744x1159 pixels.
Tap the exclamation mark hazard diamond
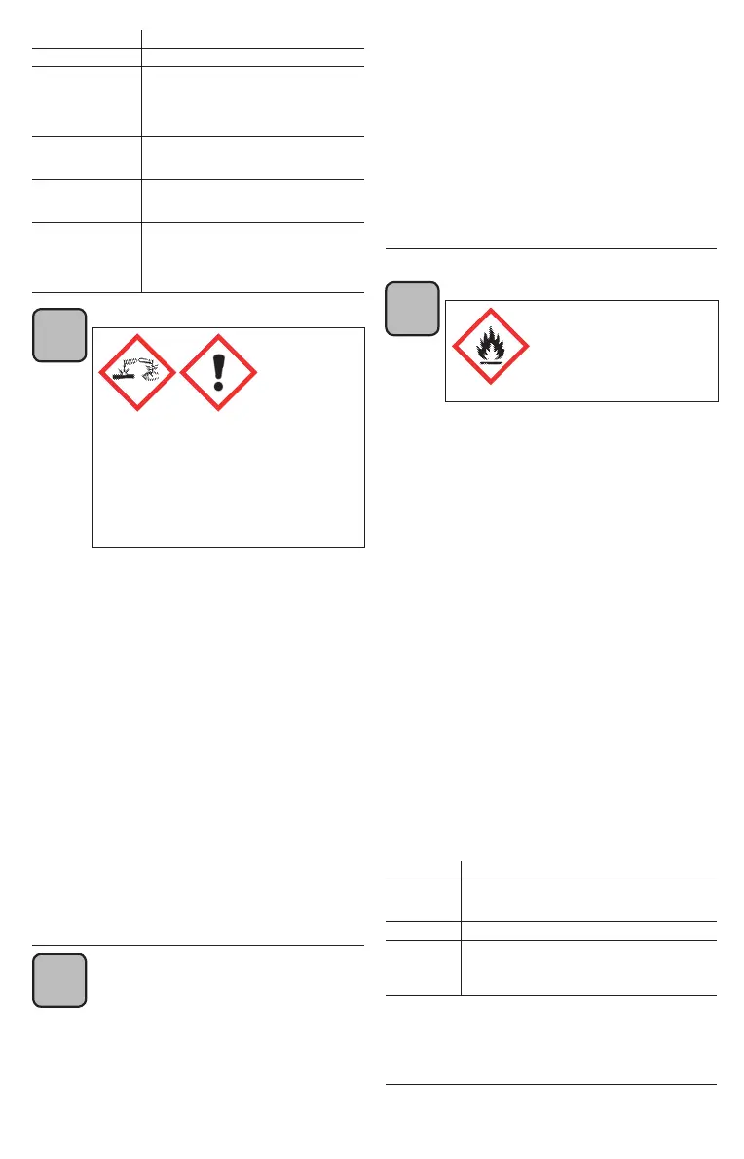pos(219,372)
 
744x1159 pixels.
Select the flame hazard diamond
pos(491,346)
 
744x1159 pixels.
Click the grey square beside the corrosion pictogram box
pos(59,335)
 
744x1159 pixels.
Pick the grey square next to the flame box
pos(412,308)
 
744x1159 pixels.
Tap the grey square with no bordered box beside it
pos(59,980)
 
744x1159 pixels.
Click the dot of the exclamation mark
pos(219,387)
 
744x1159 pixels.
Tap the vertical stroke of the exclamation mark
pos(219,365)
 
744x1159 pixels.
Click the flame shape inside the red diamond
pos(491,342)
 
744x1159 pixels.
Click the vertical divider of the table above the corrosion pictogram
pos(142,166)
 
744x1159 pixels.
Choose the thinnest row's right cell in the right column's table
pos(588,930)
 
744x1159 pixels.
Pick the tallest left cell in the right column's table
pos(423,967)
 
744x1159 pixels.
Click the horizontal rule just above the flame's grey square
pos(551,249)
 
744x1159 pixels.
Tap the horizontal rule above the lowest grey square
pos(199,945)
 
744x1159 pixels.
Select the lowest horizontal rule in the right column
pos(551,1084)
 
